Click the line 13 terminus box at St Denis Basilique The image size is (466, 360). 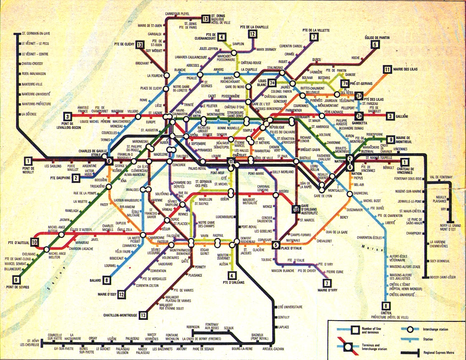tap(205, 19)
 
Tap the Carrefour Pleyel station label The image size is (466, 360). tap(177, 14)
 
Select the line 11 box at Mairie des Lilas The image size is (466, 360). tap(387, 69)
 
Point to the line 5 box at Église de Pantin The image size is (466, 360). tap(375, 45)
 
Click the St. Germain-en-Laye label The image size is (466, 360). tap(36, 33)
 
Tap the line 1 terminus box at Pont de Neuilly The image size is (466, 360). tap(28, 161)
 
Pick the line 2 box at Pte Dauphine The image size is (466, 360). tap(76, 178)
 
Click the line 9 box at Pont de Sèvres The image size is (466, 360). tap(16, 280)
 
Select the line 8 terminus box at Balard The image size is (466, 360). tap(106, 280)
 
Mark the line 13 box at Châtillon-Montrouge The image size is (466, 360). tap(143, 315)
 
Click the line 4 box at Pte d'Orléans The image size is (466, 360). tap(232, 276)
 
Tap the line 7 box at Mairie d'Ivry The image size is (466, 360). tap(327, 283)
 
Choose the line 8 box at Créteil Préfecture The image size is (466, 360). tap(386, 306)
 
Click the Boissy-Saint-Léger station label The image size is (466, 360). tap(443, 277)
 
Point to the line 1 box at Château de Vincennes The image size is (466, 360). tap(405, 162)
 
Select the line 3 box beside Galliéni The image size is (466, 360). tap(390, 116)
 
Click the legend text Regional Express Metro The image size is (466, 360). tap(439, 352)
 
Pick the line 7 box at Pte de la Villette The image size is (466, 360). tap(314, 37)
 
